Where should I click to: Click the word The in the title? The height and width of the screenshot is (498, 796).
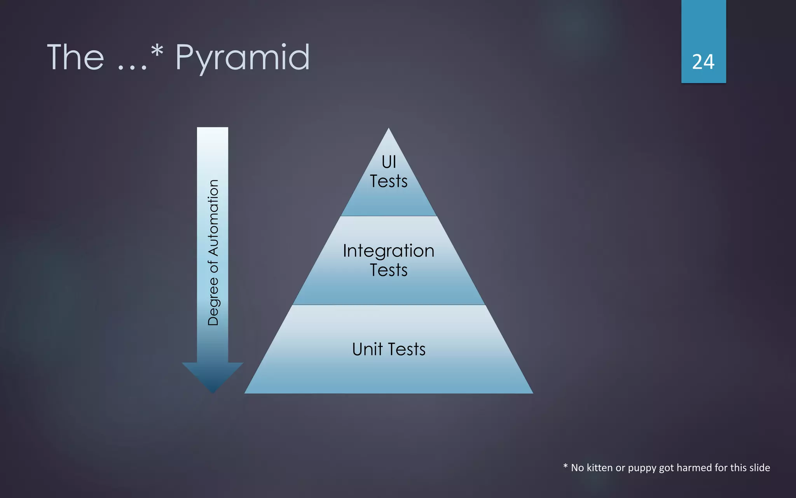pyautogui.click(x=76, y=58)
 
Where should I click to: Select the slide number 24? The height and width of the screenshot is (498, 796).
pyautogui.click(x=703, y=62)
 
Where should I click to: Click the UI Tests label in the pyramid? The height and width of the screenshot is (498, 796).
pyautogui.click(x=389, y=171)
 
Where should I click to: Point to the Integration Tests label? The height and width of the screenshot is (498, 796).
pyautogui.click(x=389, y=260)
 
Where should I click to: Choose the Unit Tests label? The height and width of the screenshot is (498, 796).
pyautogui.click(x=389, y=349)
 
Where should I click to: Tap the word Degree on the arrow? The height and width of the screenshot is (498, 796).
pyautogui.click(x=213, y=301)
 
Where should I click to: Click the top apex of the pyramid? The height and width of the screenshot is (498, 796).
pyautogui.click(x=389, y=130)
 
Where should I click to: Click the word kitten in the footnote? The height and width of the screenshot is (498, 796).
pyautogui.click(x=600, y=468)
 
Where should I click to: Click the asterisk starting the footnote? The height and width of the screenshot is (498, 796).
pyautogui.click(x=566, y=466)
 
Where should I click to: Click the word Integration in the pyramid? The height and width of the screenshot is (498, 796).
pyautogui.click(x=389, y=251)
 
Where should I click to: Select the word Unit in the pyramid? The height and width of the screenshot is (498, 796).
pyautogui.click(x=367, y=349)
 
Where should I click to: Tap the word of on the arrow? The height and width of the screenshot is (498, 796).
pyautogui.click(x=213, y=267)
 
